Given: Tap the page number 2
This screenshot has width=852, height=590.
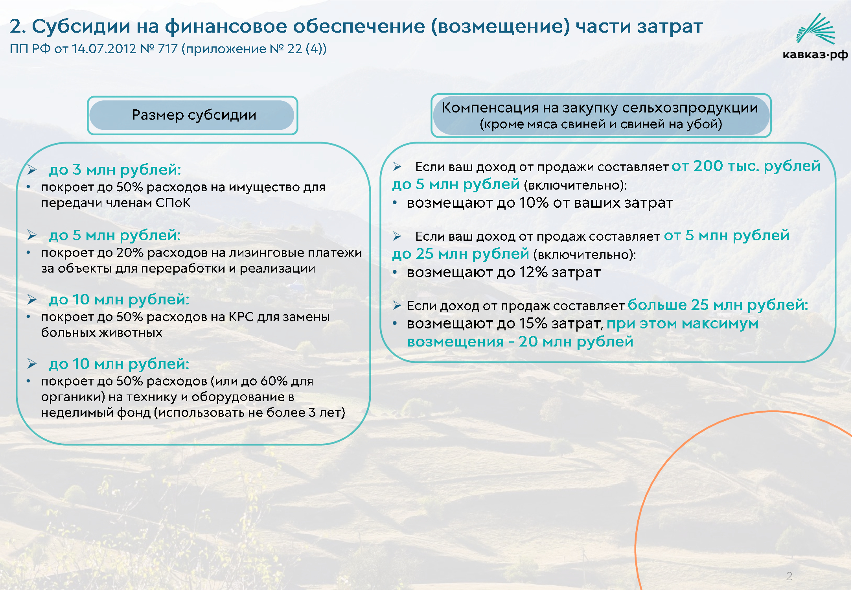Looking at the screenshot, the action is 789,576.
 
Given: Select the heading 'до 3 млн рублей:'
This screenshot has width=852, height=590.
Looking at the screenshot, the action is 115,170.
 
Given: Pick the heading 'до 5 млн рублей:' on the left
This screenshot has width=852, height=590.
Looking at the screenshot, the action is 115,235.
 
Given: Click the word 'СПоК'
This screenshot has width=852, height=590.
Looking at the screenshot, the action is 173,203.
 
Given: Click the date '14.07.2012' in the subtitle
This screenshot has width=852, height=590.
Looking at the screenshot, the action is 104,49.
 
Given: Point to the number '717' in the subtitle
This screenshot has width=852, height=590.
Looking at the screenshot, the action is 168,49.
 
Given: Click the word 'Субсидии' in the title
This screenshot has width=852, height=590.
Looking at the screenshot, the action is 81,26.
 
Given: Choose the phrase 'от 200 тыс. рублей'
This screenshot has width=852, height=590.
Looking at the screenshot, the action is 746,166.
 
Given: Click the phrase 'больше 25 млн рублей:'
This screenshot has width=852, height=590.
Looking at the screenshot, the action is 718,305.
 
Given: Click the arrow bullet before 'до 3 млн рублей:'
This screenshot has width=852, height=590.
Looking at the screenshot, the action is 32,170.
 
